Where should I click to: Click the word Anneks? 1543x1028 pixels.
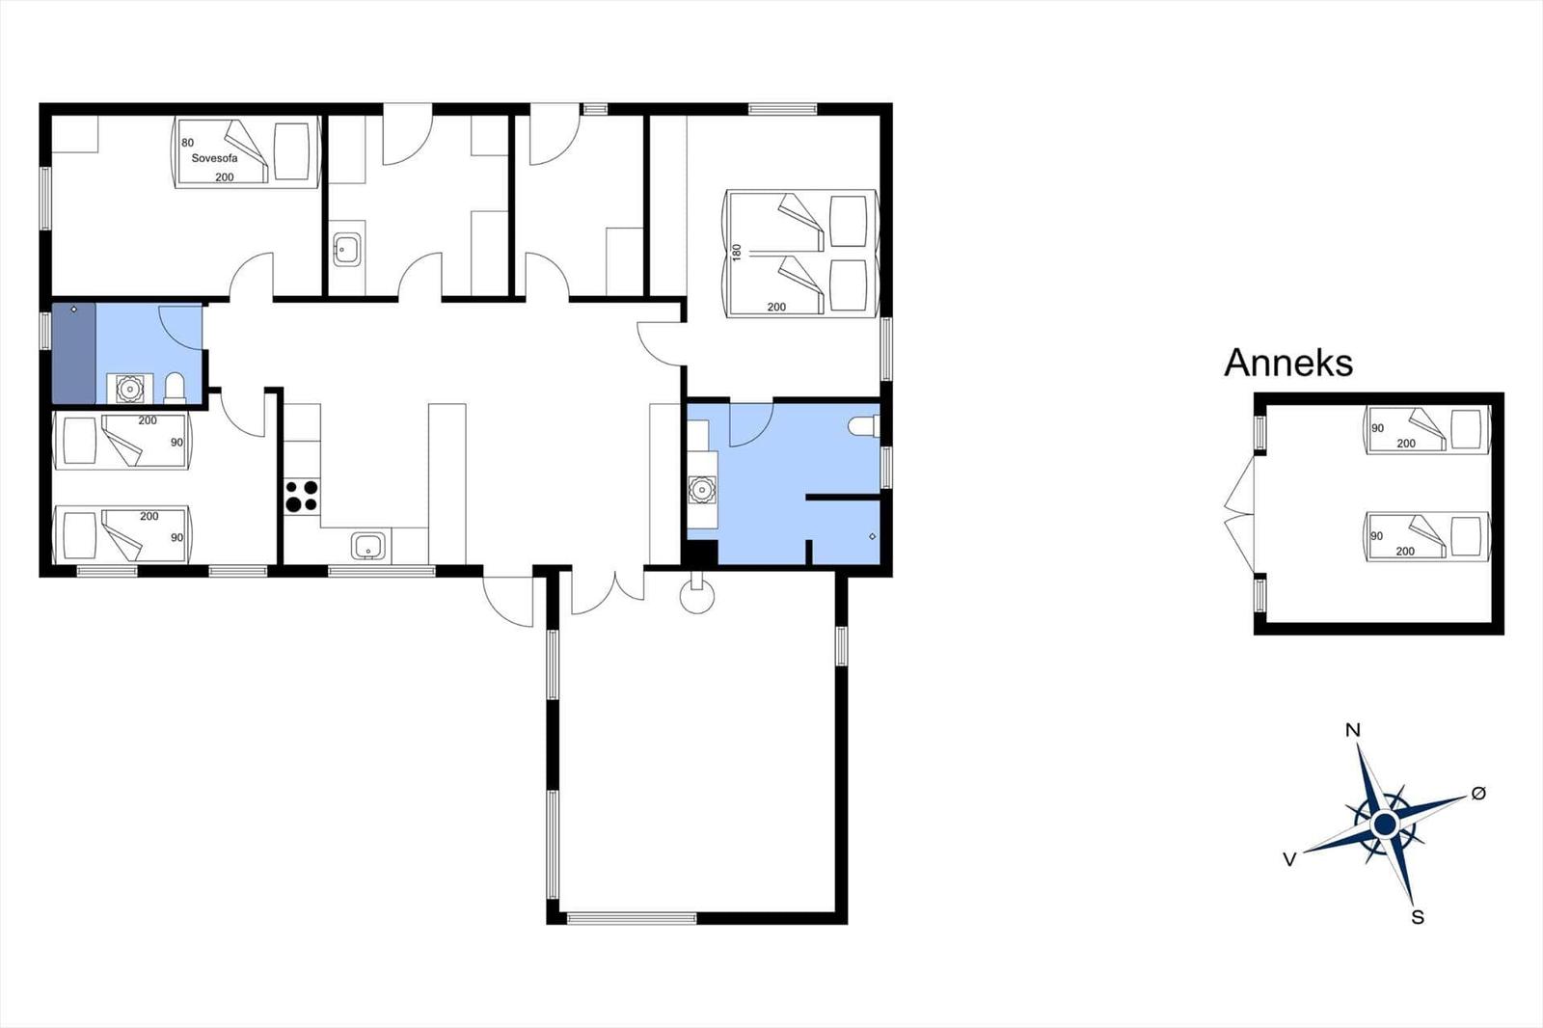coord(1288,364)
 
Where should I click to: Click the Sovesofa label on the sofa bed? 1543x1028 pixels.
coord(214,158)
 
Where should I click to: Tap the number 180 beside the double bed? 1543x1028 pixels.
coord(737,252)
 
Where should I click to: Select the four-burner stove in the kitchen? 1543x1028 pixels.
coord(303,497)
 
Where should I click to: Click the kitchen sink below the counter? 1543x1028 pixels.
coord(368,547)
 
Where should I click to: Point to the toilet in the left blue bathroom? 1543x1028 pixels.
coord(175,388)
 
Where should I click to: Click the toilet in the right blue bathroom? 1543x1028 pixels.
coord(863,426)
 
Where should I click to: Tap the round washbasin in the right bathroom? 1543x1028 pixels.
coord(701,490)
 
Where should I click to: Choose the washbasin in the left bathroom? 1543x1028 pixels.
coord(129,389)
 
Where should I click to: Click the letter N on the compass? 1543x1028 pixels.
coord(1353,730)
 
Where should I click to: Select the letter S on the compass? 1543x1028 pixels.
coord(1417,918)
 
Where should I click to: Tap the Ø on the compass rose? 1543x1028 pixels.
coord(1478,794)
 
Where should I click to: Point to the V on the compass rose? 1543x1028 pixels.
coord(1289,859)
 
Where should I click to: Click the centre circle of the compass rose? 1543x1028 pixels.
coord(1385,825)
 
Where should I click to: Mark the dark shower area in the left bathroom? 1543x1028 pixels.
coord(73,353)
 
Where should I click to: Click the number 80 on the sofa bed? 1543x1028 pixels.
coord(187,143)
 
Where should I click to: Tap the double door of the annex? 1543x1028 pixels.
coord(1239,514)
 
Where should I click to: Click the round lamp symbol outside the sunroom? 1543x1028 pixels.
coord(697,596)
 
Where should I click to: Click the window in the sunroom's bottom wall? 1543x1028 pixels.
coord(632,918)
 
